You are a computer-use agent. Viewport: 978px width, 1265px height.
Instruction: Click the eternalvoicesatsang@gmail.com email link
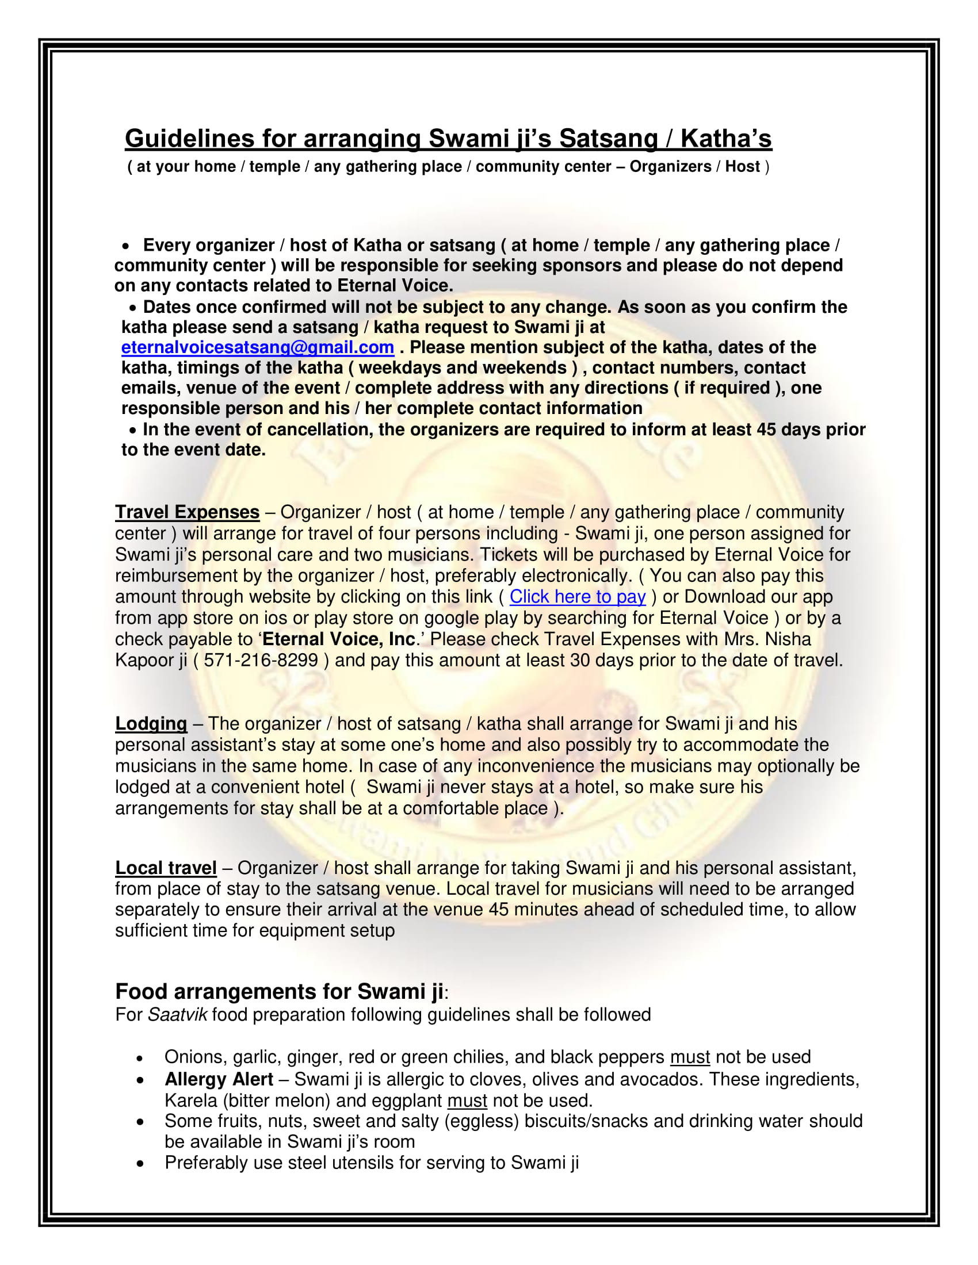pos(257,347)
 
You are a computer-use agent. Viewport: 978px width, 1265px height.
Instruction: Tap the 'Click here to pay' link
pos(577,597)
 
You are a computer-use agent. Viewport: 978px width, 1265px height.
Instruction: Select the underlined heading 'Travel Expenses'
pos(187,512)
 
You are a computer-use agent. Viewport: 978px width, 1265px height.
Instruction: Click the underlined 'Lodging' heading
pos(151,723)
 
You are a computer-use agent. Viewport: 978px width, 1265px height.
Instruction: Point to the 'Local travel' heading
pos(166,868)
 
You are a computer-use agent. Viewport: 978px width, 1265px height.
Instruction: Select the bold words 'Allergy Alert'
pos(219,1079)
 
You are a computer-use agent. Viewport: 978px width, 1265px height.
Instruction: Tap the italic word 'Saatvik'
pos(177,1015)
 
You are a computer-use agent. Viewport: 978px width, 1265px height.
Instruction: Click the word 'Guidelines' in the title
pos(190,139)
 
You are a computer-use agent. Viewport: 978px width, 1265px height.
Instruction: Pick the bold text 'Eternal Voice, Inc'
pos(339,639)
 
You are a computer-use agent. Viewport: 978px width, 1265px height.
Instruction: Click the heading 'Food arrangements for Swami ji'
pos(279,991)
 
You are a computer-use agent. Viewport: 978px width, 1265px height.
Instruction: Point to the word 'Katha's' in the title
pos(726,139)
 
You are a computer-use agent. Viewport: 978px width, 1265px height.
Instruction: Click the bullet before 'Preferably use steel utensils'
pos(140,1163)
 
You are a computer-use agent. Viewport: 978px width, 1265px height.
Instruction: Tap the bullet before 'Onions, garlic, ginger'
pos(140,1058)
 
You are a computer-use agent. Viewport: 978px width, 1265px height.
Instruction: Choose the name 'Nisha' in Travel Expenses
pos(788,639)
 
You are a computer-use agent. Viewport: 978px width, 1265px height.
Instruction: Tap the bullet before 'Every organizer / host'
pos(126,246)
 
